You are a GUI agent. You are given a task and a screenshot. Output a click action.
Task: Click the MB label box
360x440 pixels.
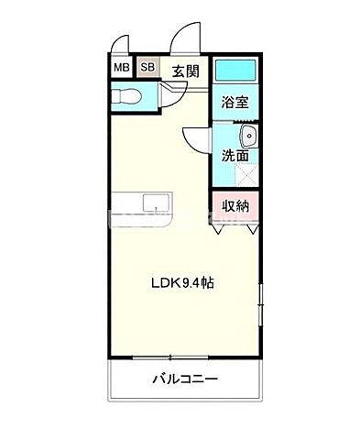tap(121, 67)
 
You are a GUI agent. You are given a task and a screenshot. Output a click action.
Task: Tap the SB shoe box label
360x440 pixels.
tap(147, 67)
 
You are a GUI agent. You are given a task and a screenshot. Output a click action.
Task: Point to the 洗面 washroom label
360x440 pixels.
tap(233, 155)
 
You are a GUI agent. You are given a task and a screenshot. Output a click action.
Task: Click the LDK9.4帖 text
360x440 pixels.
tap(183, 284)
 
